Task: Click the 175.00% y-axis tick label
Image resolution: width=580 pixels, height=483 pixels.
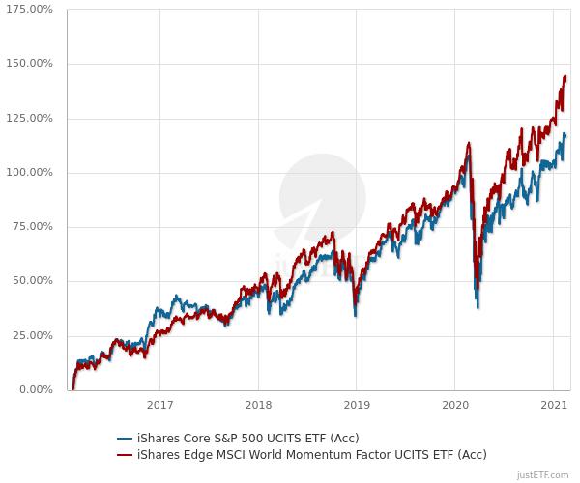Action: [31, 10]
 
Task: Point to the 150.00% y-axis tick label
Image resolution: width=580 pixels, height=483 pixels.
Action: [31, 64]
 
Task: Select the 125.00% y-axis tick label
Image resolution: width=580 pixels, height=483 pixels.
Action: [31, 118]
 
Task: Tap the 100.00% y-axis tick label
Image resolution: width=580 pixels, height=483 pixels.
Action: [31, 173]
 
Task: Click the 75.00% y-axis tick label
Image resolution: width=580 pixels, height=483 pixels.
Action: [34, 227]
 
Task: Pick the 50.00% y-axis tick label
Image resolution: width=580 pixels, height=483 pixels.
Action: [34, 281]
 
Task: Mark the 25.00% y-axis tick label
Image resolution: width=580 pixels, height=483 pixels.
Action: [34, 336]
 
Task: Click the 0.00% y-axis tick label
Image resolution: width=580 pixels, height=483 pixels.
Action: [37, 390]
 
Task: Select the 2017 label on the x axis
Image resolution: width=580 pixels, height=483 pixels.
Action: [160, 407]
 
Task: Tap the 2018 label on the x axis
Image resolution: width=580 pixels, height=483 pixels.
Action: [258, 407]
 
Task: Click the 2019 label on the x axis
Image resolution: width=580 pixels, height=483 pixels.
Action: [357, 407]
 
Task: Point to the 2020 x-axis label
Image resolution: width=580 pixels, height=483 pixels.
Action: [454, 407]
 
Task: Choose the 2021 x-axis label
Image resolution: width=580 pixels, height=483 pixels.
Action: [552, 407]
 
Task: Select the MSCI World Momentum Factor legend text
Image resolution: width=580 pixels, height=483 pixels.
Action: [311, 454]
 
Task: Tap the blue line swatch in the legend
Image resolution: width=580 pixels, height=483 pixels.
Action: [125, 438]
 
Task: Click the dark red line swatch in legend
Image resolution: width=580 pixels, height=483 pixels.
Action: [125, 454]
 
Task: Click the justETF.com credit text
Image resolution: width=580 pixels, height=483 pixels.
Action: [543, 475]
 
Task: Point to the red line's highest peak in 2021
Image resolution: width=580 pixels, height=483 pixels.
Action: [565, 76]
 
